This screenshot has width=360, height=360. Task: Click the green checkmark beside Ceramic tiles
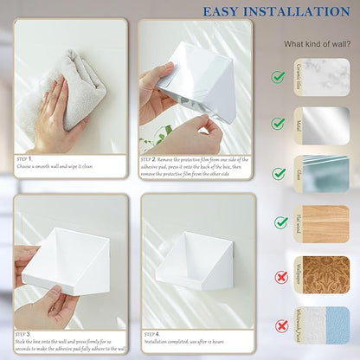click(x=279, y=76)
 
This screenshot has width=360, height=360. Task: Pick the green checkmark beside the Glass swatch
click(x=279, y=174)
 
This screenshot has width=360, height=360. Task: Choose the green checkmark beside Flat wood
click(x=279, y=223)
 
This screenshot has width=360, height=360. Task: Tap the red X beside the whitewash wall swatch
click(x=279, y=325)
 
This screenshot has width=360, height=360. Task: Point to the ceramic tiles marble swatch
click(x=325, y=76)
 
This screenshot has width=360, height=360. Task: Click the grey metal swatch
click(x=325, y=125)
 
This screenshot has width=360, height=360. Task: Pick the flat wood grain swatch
click(x=325, y=223)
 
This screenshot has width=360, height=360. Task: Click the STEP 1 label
click(x=24, y=159)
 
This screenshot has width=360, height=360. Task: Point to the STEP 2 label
click(x=148, y=159)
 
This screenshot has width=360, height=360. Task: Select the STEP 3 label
click(x=24, y=332)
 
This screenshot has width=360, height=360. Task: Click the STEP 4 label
click(x=151, y=332)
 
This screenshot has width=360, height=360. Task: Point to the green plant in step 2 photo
click(x=156, y=137)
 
